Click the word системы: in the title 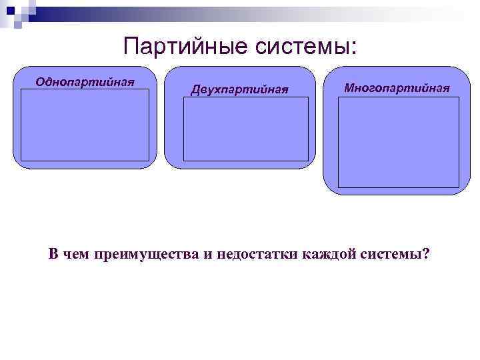306,47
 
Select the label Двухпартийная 240,89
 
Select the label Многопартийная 397,88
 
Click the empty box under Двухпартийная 245,129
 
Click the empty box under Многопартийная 399,142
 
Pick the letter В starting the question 53,254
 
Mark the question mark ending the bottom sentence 427,254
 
